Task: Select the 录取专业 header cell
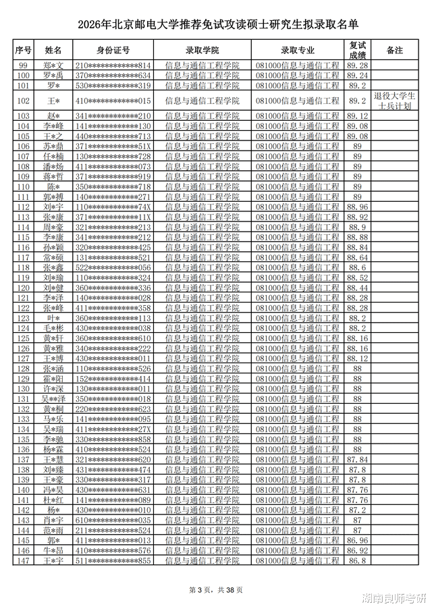click(x=298, y=51)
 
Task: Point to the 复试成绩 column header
click(x=357, y=51)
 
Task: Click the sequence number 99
click(x=24, y=65)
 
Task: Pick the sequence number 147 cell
click(x=24, y=560)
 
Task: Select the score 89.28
click(x=357, y=65)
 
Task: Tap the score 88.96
click(x=357, y=207)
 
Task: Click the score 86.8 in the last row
click(x=357, y=560)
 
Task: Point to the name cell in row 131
click(x=53, y=399)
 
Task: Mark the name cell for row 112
click(x=53, y=207)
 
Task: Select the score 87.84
click(x=357, y=460)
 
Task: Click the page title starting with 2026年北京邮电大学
click(x=215, y=25)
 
